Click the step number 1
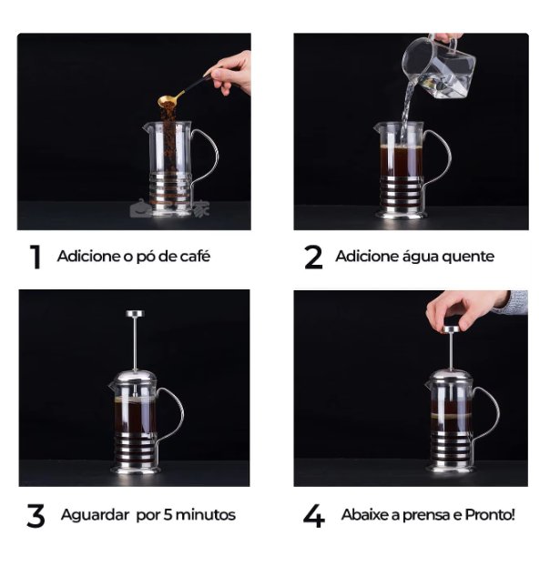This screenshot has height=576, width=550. click(36, 258)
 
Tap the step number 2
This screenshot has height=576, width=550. click(312, 258)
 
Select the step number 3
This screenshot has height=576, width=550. click(36, 517)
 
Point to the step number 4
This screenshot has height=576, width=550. click(313, 517)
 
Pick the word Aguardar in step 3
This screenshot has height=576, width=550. click(95, 515)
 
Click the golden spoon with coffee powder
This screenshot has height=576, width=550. click(172, 100)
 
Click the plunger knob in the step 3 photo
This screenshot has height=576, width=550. click(135, 314)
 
